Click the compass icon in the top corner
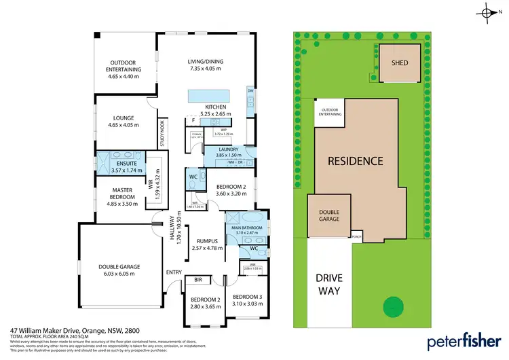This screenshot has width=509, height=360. pyautogui.click(x=488, y=12)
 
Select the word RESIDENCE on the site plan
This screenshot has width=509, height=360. pyautogui.click(x=356, y=162)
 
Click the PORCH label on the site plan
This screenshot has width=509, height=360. pyautogui.click(x=356, y=237)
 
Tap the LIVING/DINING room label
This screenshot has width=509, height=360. pyautogui.click(x=205, y=62)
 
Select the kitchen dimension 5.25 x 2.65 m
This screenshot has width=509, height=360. pyautogui.click(x=216, y=113)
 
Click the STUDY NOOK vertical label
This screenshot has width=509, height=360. pyautogui.click(x=162, y=134)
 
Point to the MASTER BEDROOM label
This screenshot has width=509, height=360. pyautogui.click(x=123, y=193)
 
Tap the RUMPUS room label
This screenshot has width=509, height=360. pyautogui.click(x=207, y=241)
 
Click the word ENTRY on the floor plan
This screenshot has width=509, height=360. pyautogui.click(x=174, y=272)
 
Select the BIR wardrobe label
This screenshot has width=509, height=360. pyautogui.click(x=198, y=280)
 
